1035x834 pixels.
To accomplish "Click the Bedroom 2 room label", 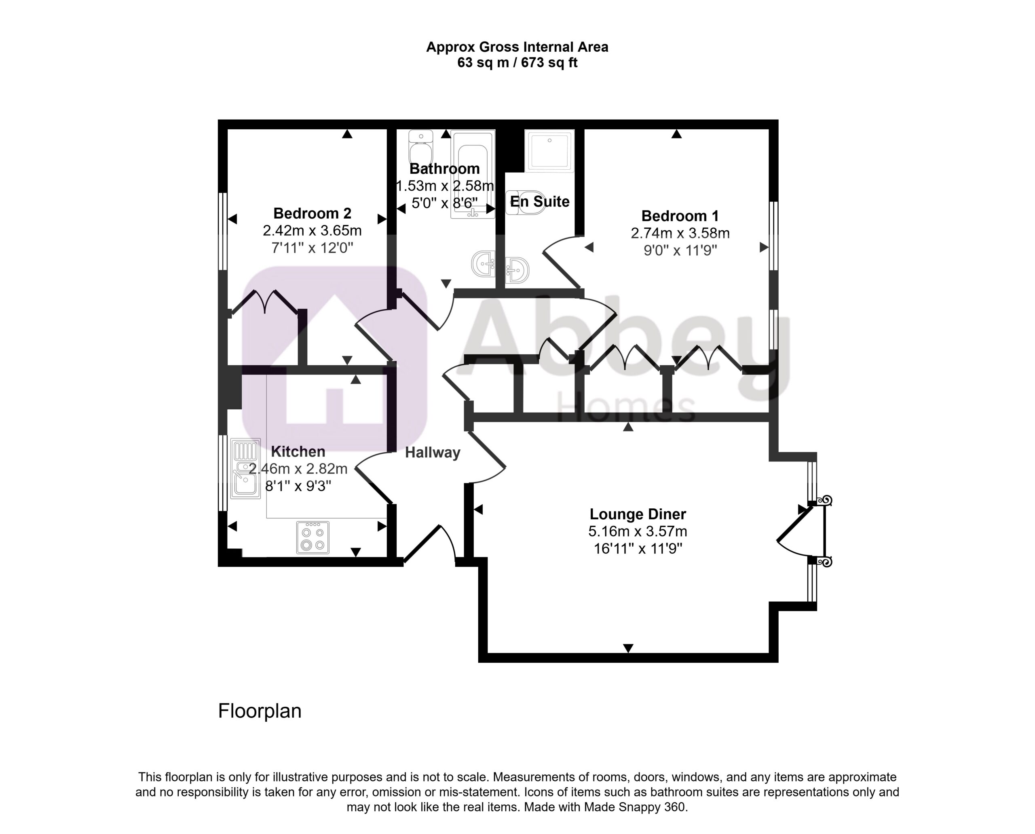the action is [x=312, y=213].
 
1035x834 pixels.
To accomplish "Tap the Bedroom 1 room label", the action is [x=680, y=216].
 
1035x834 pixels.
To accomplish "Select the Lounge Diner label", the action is [x=638, y=514].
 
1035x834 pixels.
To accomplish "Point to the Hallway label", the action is [x=433, y=453].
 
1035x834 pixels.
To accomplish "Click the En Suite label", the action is [x=539, y=201].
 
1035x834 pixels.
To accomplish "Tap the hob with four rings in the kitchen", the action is [x=313, y=537].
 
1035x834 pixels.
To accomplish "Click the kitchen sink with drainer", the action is [x=246, y=468].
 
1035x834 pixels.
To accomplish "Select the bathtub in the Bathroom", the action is [x=473, y=175].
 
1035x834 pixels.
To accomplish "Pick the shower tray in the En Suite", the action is [x=549, y=150].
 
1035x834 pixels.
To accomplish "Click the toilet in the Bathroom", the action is [x=420, y=147].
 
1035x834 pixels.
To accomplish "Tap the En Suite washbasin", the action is [x=517, y=270].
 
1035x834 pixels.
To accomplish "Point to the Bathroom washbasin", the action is [x=484, y=264].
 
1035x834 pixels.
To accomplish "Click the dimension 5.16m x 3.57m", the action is [x=638, y=531].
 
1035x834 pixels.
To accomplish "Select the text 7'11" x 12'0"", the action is [x=312, y=248].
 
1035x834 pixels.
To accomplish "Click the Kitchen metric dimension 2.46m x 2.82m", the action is [x=298, y=468].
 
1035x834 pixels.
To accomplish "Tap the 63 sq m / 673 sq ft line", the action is [x=517, y=63].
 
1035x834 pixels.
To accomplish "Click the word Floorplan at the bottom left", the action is [x=260, y=711].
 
